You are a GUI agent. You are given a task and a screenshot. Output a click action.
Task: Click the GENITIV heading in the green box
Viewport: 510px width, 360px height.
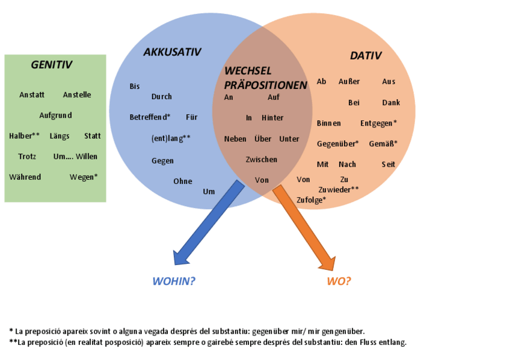pos(52,65)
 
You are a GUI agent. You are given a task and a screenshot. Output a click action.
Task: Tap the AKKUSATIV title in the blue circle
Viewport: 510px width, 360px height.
pos(172,52)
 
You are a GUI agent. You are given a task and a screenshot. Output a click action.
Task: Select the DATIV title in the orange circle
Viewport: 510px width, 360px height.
pos(366,56)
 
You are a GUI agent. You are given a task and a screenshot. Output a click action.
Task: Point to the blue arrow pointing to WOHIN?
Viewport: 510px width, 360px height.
pos(208,223)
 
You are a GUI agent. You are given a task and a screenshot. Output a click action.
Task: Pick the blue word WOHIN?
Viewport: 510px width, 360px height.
pos(174,281)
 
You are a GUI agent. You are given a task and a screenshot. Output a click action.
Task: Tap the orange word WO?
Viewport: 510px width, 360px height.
pos(339,281)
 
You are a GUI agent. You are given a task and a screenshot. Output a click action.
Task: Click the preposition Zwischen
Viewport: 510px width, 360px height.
pos(262,159)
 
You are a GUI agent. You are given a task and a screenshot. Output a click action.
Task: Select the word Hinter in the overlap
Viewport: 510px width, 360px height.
pos(272,117)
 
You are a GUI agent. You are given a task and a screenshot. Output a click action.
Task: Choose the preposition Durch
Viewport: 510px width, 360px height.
pos(162,96)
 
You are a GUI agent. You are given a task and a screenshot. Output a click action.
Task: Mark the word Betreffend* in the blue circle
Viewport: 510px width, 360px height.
pos(150,117)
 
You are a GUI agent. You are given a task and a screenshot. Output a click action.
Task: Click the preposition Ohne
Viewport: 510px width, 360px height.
pos(183,181)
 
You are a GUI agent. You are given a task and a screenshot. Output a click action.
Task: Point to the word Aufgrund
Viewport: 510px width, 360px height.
pos(56,115)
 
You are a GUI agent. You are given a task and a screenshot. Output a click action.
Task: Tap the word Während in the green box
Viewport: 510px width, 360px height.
pos(25,177)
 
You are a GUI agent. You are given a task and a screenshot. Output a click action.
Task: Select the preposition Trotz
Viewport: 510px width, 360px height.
pos(27,156)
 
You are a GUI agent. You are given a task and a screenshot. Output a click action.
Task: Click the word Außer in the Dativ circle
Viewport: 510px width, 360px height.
pos(349,81)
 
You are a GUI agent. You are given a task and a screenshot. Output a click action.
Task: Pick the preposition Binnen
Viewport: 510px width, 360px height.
pos(329,123)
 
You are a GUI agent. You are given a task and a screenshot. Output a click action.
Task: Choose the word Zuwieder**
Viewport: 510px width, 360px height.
pos(339,189)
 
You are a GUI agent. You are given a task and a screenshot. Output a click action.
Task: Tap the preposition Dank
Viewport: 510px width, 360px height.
pos(391,102)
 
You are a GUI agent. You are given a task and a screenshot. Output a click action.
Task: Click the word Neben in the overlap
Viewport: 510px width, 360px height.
pos(235,139)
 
